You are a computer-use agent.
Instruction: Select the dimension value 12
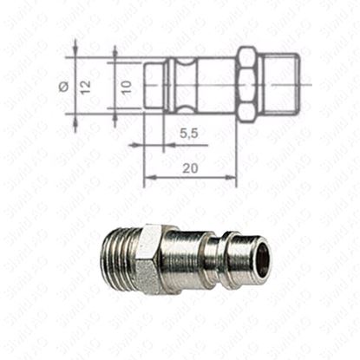click(85, 85)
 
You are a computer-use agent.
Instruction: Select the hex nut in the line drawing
click(246, 82)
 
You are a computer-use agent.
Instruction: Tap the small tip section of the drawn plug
click(154, 82)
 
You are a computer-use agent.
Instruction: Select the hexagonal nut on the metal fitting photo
click(154, 259)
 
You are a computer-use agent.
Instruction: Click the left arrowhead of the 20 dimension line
click(147, 177)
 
